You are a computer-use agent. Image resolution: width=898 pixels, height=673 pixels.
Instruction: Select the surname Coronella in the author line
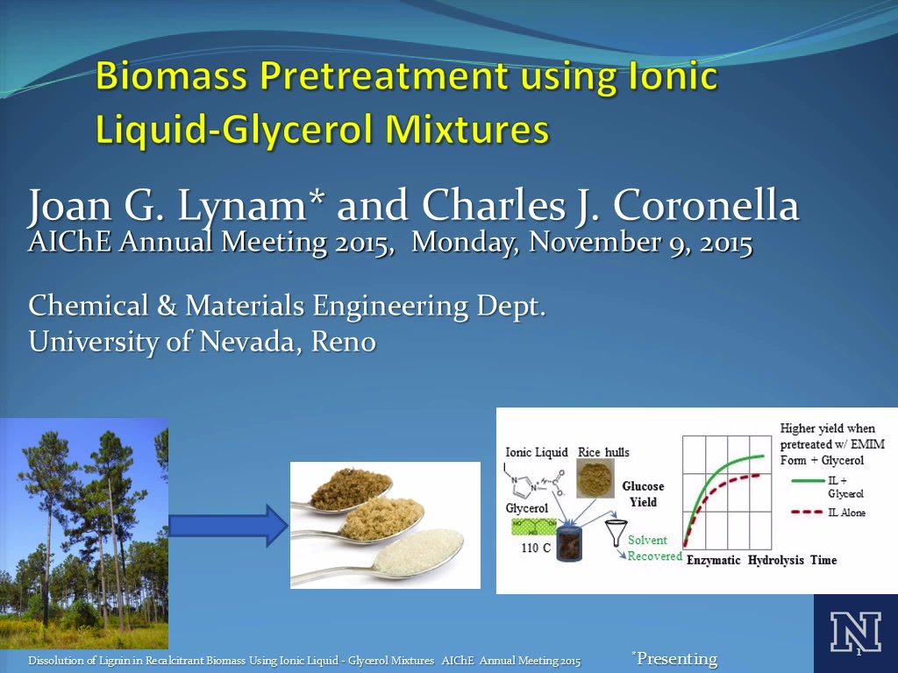coord(706,205)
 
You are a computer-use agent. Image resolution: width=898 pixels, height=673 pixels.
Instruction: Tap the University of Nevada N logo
coord(856,633)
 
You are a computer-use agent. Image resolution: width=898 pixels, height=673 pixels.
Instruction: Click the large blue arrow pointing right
coord(228,526)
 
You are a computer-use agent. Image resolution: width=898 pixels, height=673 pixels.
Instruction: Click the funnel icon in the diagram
coord(616,533)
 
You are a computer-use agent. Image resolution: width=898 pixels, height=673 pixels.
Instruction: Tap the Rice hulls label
coord(603,452)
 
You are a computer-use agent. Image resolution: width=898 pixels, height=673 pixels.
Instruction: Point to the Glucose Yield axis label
coord(643,494)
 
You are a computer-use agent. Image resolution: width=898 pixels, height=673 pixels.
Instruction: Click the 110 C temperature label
coord(536,548)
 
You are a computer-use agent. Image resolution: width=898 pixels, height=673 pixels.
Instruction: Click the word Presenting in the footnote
coord(678,659)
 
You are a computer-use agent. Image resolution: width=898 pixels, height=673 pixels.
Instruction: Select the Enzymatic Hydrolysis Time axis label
coord(762,560)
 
